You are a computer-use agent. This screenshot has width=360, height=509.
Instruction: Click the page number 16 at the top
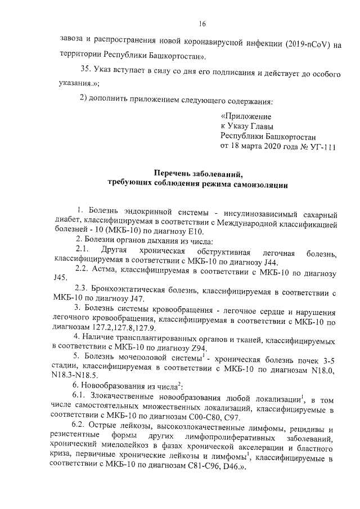click(202, 24)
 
